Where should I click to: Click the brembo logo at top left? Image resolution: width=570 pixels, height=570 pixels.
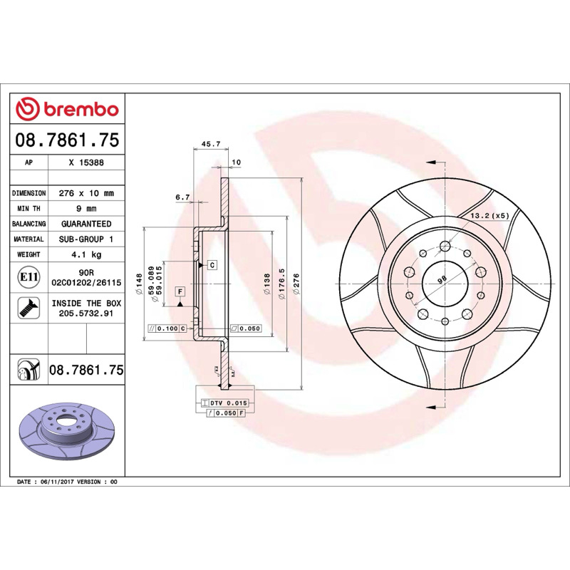(x=67, y=109)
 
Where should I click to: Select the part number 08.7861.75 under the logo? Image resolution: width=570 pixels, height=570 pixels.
(x=67, y=140)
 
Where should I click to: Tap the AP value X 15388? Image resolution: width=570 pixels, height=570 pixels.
(x=86, y=162)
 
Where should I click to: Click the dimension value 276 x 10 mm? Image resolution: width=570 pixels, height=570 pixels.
(x=86, y=193)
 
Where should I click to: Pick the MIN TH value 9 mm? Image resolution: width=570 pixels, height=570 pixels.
(x=86, y=209)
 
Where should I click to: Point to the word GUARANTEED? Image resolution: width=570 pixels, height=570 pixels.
(x=86, y=224)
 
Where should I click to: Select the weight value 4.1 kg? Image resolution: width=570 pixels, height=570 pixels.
(x=86, y=254)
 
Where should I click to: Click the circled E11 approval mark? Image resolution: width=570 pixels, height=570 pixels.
(x=28, y=277)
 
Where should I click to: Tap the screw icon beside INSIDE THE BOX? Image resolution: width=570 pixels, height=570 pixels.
(x=28, y=308)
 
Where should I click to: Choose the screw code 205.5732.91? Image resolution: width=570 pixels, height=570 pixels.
(x=86, y=313)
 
